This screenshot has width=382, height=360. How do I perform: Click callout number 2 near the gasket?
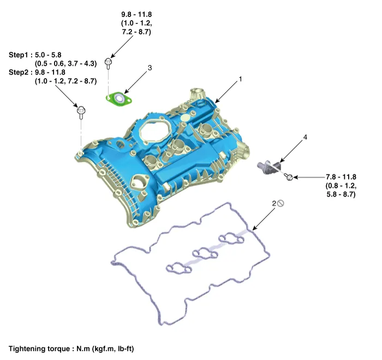[x=274, y=204]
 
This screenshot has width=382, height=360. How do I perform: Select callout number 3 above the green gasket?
[x=150, y=68]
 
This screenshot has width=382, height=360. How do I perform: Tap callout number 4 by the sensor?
[x=305, y=137]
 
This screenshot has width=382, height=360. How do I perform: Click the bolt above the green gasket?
[x=109, y=64]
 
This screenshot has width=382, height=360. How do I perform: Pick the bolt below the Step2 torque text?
[x=81, y=113]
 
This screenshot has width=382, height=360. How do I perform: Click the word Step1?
[x=20, y=55]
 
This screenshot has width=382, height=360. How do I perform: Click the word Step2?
[x=20, y=72]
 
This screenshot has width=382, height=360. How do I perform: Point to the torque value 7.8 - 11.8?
[x=341, y=176]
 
